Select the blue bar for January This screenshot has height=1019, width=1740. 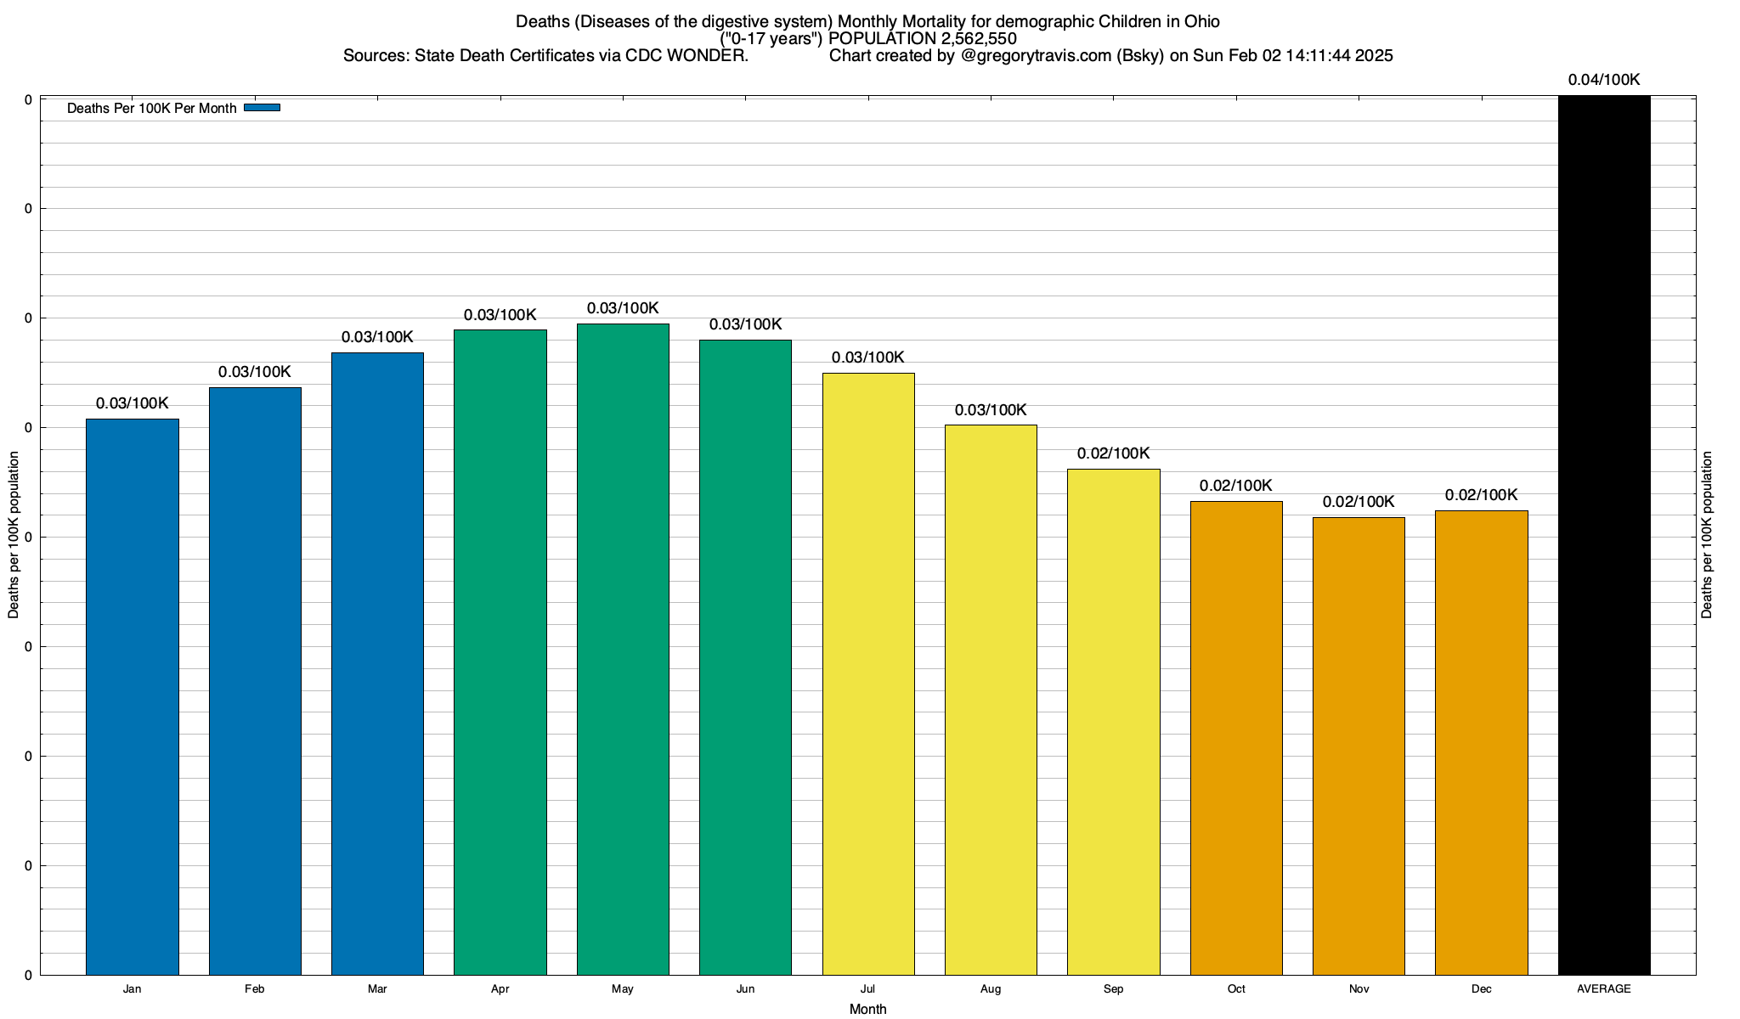[x=133, y=696]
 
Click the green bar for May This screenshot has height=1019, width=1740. [x=623, y=650]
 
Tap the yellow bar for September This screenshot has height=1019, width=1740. [x=1113, y=722]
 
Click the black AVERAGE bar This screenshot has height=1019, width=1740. [x=1604, y=535]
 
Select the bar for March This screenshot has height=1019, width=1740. [x=377, y=663]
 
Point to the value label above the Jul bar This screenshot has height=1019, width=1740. [x=867, y=357]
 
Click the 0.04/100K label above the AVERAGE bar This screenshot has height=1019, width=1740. [x=1604, y=80]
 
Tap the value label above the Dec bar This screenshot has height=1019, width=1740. [x=1481, y=495]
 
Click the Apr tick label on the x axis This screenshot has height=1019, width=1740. [x=500, y=988]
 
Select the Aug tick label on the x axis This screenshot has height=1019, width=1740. [x=991, y=988]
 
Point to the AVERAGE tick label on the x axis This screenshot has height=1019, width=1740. [x=1604, y=988]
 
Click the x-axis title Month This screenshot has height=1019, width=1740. [x=867, y=1009]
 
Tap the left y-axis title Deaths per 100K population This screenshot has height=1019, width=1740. [x=14, y=535]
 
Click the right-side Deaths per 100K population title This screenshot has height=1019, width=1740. [x=1708, y=535]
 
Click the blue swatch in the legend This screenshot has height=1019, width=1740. [x=262, y=108]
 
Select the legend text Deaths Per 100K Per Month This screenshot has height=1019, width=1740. [x=151, y=108]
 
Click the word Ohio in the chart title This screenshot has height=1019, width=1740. [x=1202, y=21]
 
